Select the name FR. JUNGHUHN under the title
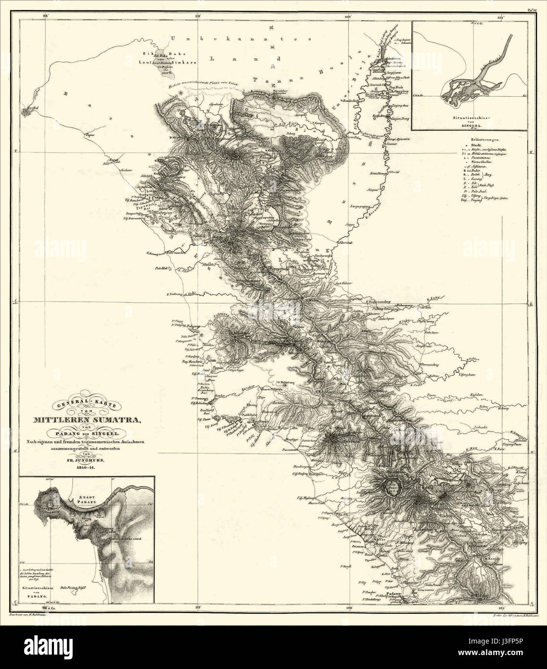tap(86, 461)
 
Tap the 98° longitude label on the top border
tap(46, 3)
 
